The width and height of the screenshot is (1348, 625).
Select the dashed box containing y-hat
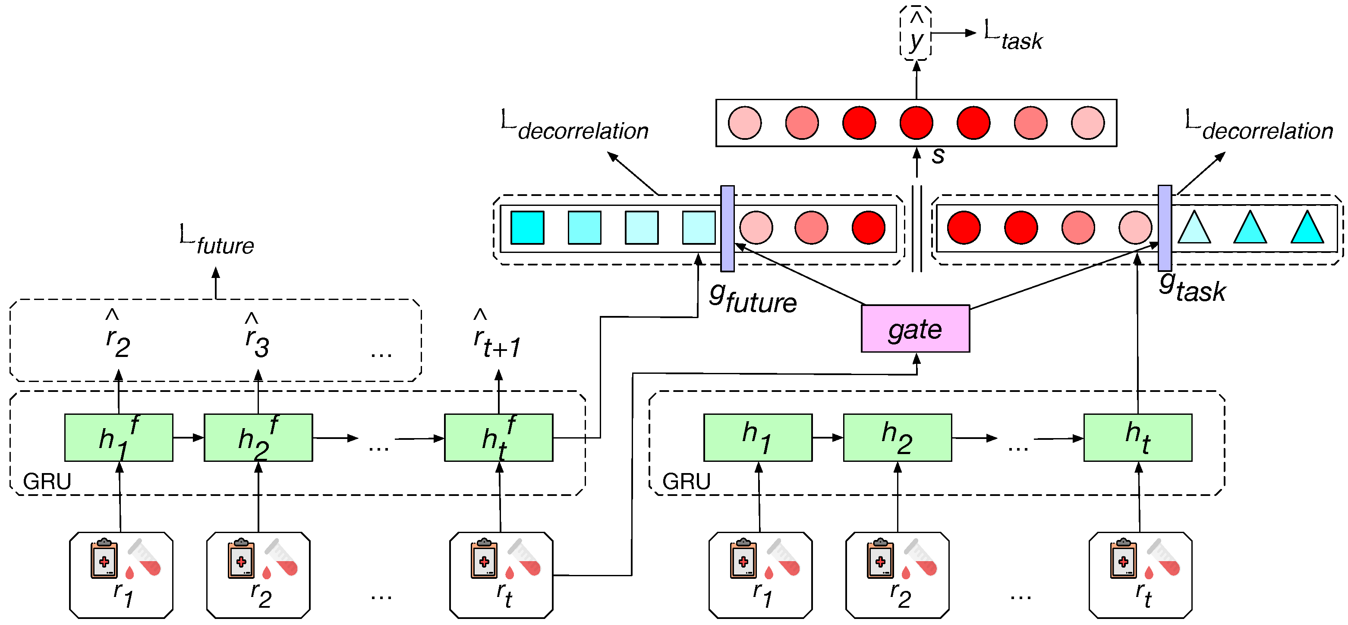915,33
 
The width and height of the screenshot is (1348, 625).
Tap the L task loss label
1013,35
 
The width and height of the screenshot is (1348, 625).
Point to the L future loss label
217,240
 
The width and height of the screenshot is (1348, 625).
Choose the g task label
1192,287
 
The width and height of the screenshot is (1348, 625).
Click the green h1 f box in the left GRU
119,438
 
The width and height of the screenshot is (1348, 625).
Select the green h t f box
499,438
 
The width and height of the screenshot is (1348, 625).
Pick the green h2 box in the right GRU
898,438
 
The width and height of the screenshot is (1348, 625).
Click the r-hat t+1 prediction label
497,335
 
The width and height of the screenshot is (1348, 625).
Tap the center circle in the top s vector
916,123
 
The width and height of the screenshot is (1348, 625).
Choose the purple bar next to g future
728,229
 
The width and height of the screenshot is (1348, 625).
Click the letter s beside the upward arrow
938,155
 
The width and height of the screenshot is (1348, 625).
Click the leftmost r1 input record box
121,575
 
